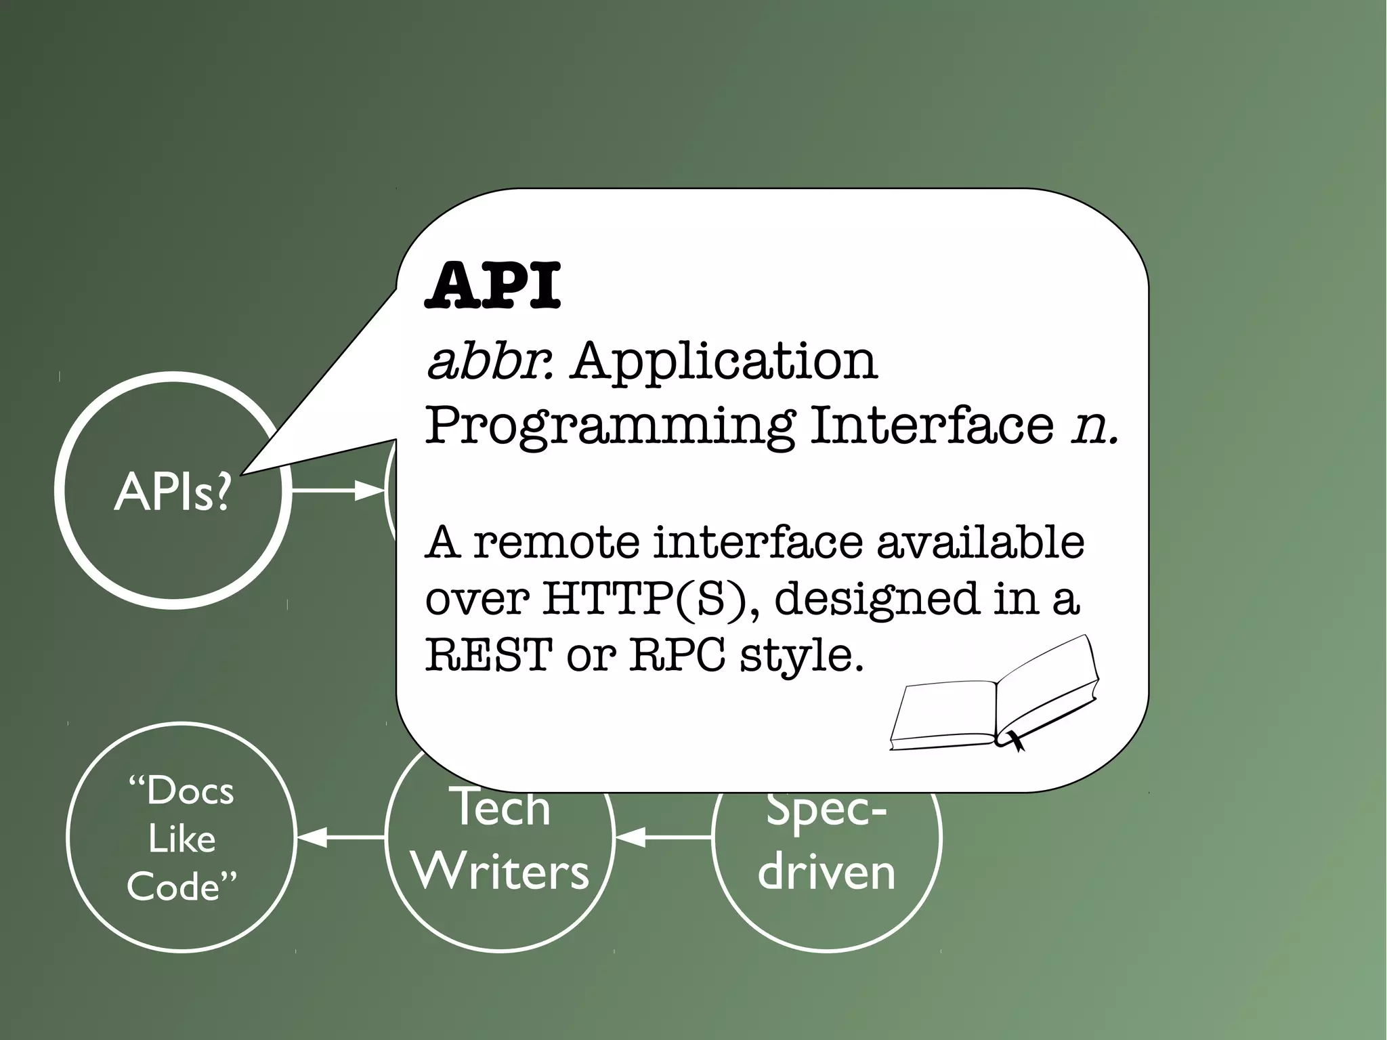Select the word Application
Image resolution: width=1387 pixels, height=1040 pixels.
click(x=725, y=363)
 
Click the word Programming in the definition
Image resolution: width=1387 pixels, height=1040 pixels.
click(x=609, y=427)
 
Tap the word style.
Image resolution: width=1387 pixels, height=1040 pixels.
click(x=802, y=656)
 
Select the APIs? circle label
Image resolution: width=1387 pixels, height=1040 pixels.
click(x=173, y=492)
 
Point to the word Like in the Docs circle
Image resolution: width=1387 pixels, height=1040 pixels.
click(x=182, y=839)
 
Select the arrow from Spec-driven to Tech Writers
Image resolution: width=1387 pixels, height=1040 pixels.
click(x=663, y=837)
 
